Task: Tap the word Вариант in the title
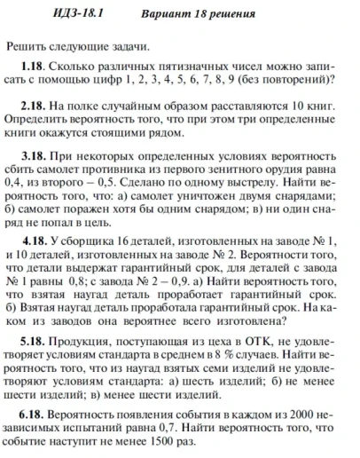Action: click(x=167, y=15)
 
